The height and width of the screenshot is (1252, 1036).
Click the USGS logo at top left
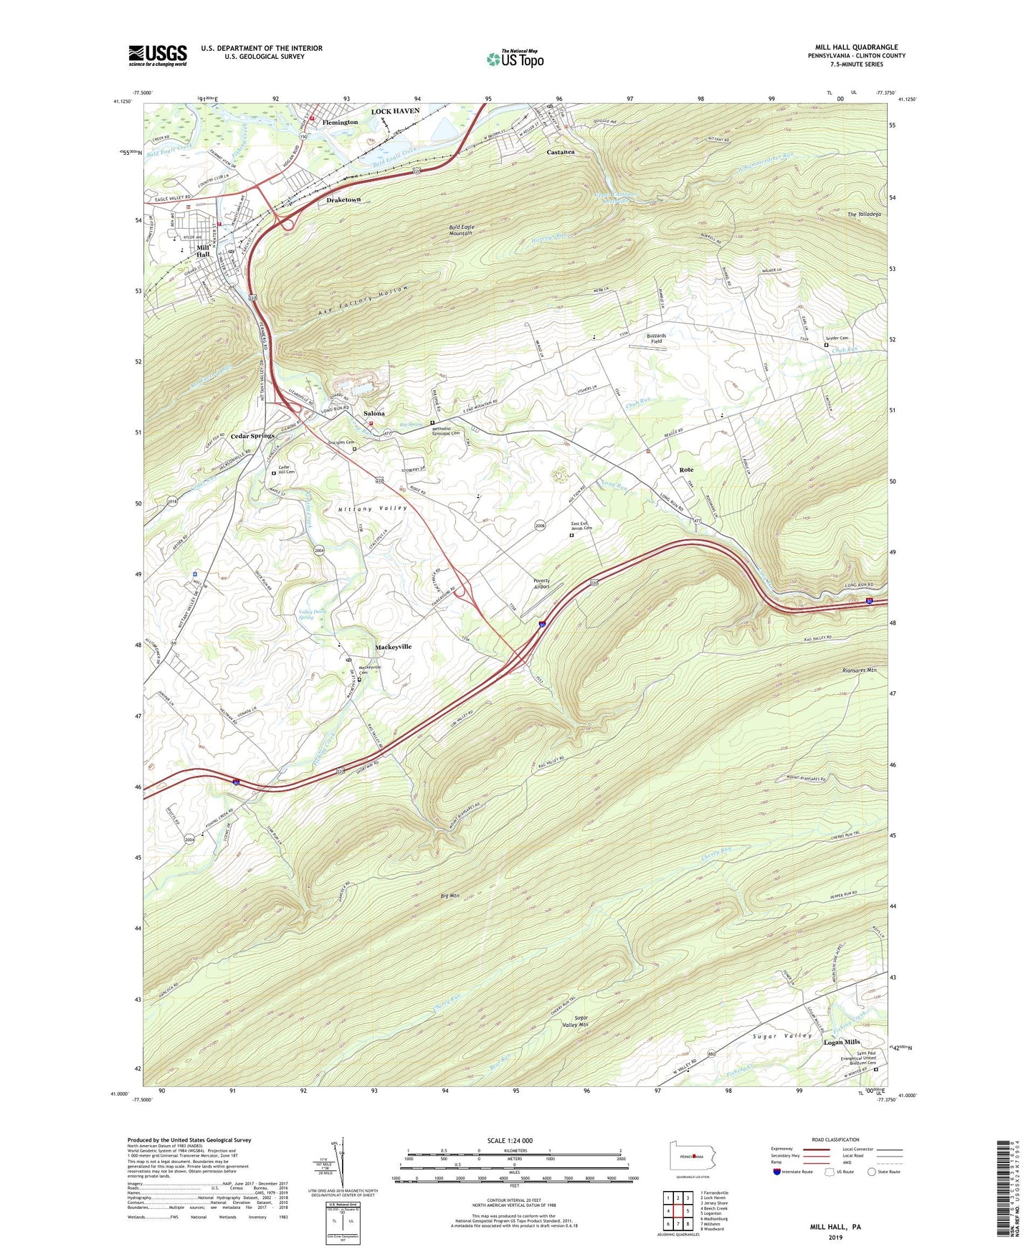[x=158, y=54]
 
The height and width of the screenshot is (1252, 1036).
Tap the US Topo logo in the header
[x=514, y=59]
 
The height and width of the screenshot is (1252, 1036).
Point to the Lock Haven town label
[x=395, y=111]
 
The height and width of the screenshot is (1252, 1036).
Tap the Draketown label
[x=343, y=199]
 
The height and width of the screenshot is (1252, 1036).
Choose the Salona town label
[x=374, y=414]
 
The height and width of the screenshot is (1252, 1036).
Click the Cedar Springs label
[x=252, y=436]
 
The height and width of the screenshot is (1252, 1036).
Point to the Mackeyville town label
[x=393, y=647]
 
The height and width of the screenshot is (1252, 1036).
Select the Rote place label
[x=686, y=470]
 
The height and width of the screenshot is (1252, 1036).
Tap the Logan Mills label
[x=841, y=1042]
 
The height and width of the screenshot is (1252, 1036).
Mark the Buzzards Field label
[x=656, y=338]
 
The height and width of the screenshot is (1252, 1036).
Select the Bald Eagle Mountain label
[x=462, y=230]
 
